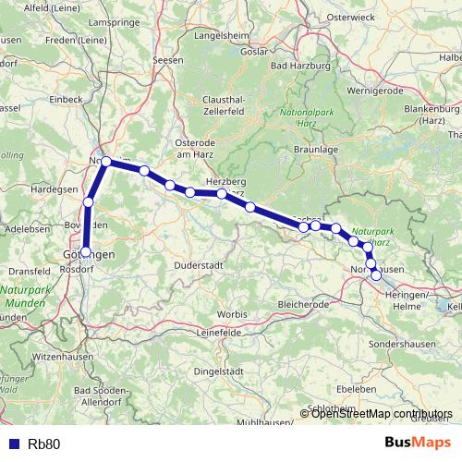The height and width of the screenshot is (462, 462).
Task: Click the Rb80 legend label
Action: coord(44,444)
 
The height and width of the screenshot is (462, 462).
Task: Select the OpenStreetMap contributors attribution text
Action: coord(382,413)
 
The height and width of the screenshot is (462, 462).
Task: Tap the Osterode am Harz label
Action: coord(197,149)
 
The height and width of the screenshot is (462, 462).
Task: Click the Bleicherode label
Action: coord(302,303)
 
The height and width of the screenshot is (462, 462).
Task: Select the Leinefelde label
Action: coord(220,330)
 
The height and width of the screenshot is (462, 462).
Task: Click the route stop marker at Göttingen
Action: coord(86,250)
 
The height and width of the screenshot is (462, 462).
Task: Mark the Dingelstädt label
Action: coord(214,371)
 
